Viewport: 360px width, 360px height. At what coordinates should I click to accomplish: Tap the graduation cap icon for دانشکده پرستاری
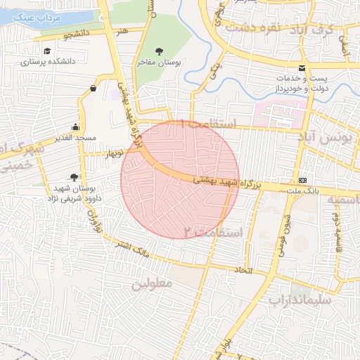tap(47, 51)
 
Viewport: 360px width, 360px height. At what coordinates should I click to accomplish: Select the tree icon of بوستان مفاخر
tap(160, 51)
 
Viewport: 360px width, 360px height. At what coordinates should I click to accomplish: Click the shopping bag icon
tap(94, 88)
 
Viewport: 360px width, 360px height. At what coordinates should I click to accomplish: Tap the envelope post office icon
tap(302, 68)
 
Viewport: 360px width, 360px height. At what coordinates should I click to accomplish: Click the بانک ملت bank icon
tap(303, 181)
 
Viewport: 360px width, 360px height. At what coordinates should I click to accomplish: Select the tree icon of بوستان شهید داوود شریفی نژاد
tap(75, 176)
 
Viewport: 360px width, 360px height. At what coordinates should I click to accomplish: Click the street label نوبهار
tap(114, 152)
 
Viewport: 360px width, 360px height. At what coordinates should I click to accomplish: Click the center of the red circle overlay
tap(180, 180)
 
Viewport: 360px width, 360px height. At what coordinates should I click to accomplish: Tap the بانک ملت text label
tap(326, 190)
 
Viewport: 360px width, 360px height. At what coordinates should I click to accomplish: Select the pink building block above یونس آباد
tap(281, 113)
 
